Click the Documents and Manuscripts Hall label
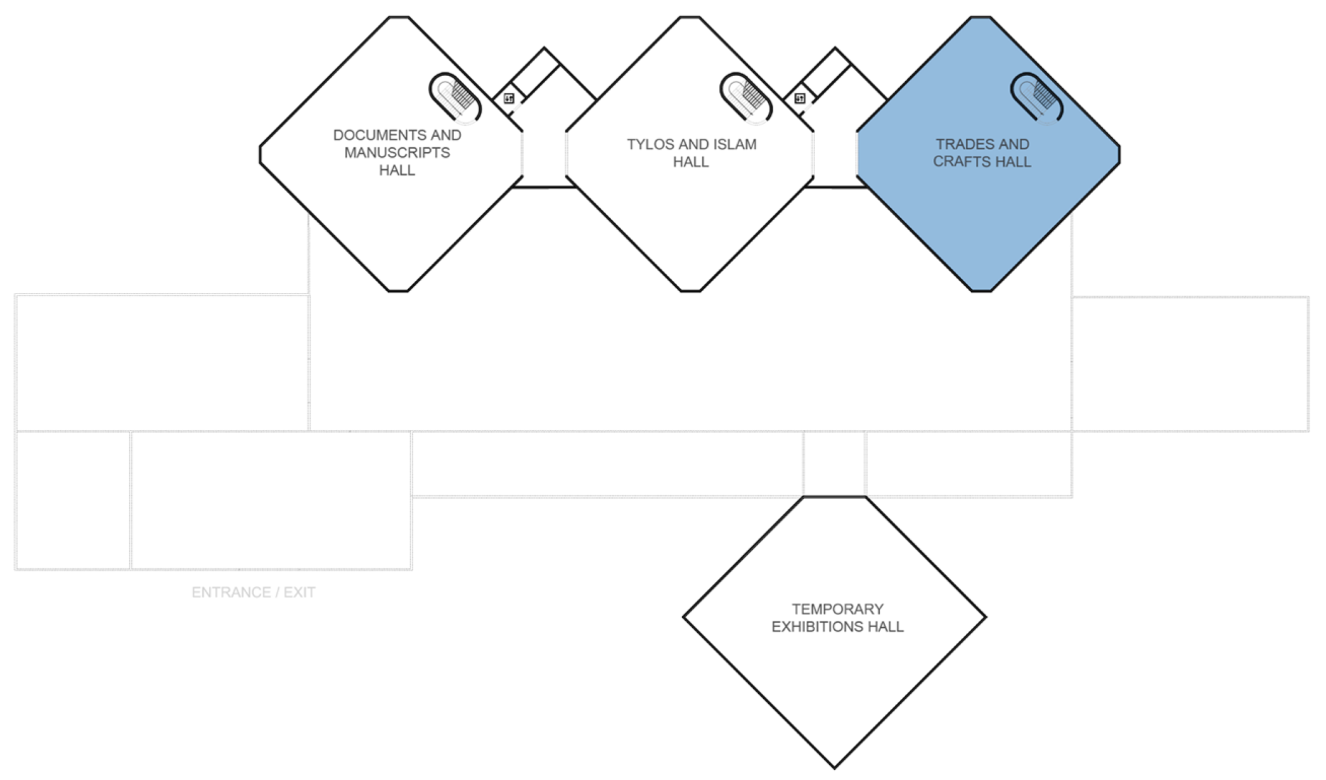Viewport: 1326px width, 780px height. (397, 153)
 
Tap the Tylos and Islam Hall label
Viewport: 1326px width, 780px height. (692, 153)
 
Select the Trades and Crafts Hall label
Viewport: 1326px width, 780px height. (982, 153)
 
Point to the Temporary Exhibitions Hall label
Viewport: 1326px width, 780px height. (837, 618)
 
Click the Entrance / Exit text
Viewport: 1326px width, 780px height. (254, 592)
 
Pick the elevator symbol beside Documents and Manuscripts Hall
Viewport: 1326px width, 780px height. (509, 99)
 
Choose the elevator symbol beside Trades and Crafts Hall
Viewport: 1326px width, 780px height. (800, 99)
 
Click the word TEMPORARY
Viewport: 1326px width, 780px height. (837, 609)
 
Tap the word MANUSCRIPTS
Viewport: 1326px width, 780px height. (397, 153)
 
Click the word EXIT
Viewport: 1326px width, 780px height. (299, 592)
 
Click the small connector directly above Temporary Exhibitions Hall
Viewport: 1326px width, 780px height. (834, 464)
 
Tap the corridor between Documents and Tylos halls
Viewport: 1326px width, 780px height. (544, 159)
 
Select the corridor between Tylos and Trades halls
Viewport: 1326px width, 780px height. (835, 159)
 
